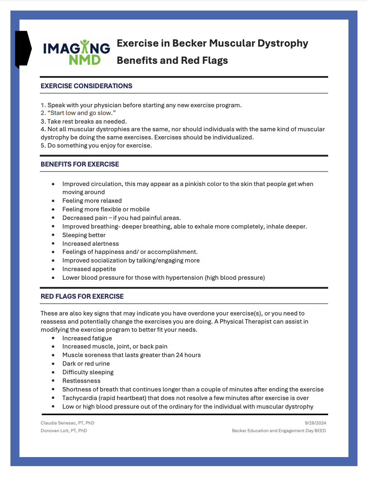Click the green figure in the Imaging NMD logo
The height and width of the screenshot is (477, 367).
tap(85, 46)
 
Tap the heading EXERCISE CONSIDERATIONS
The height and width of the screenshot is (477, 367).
tap(86, 86)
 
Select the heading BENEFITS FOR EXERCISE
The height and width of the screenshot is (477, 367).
tap(80, 164)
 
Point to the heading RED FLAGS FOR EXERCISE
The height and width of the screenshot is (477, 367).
tap(82, 296)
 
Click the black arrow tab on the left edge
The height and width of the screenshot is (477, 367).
tap(23, 49)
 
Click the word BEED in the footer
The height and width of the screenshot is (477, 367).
tap(320, 431)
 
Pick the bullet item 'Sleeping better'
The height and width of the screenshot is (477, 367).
tap(84, 235)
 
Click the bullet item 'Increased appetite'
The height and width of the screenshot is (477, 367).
tap(89, 269)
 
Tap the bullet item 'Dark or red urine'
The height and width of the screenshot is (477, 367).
tap(86, 363)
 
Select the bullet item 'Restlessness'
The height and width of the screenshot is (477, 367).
tap(81, 381)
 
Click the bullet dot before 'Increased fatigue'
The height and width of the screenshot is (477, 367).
tap(53, 338)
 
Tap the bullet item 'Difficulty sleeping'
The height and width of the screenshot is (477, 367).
tap(88, 372)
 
